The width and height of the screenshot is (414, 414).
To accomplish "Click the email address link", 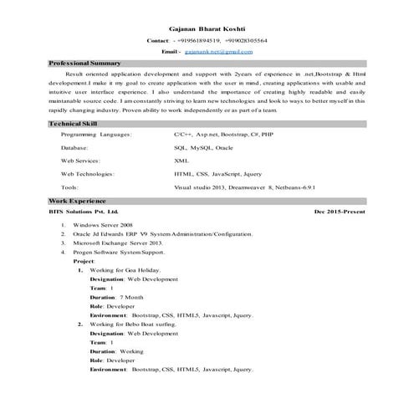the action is coord(219,52).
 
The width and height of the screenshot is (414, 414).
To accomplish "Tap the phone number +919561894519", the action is coord(200,40).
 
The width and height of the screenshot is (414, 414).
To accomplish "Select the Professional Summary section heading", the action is coord(85,64).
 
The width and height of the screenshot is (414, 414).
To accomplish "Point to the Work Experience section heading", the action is coord(78,202).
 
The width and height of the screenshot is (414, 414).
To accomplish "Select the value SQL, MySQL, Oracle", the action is coord(204,147).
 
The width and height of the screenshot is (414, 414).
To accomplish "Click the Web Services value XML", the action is coord(181,161).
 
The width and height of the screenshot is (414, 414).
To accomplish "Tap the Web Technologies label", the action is coord(88,174).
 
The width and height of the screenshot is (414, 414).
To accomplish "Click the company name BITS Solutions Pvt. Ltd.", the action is coord(84,212).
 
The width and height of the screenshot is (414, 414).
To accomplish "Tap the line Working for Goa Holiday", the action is coord(122,269).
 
